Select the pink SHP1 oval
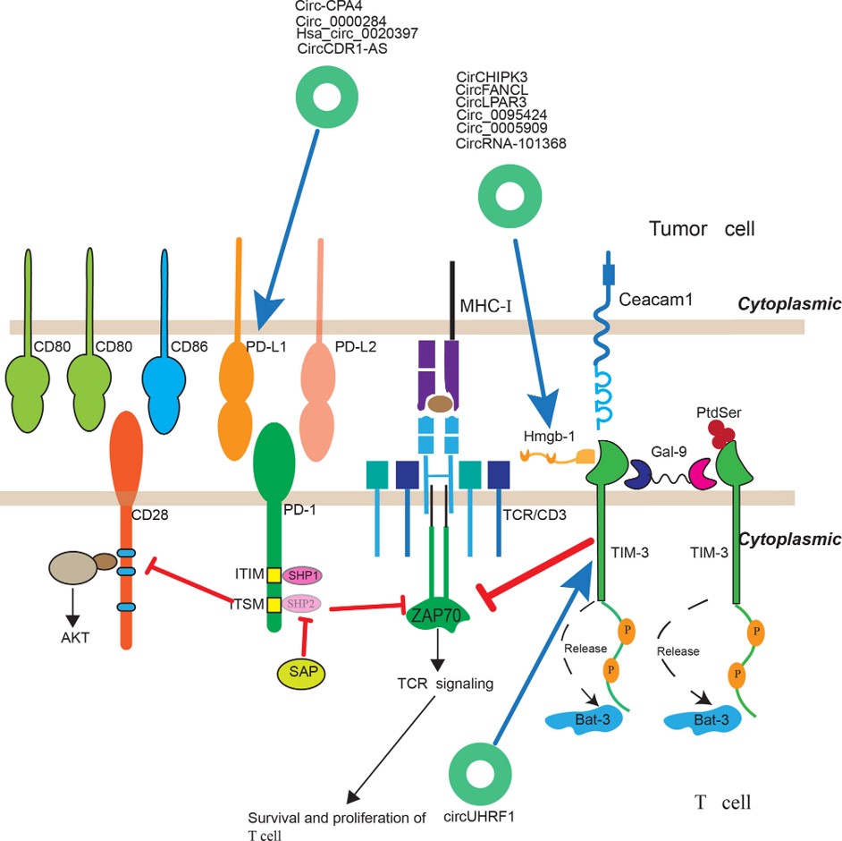click(302, 575)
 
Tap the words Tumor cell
click(702, 229)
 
